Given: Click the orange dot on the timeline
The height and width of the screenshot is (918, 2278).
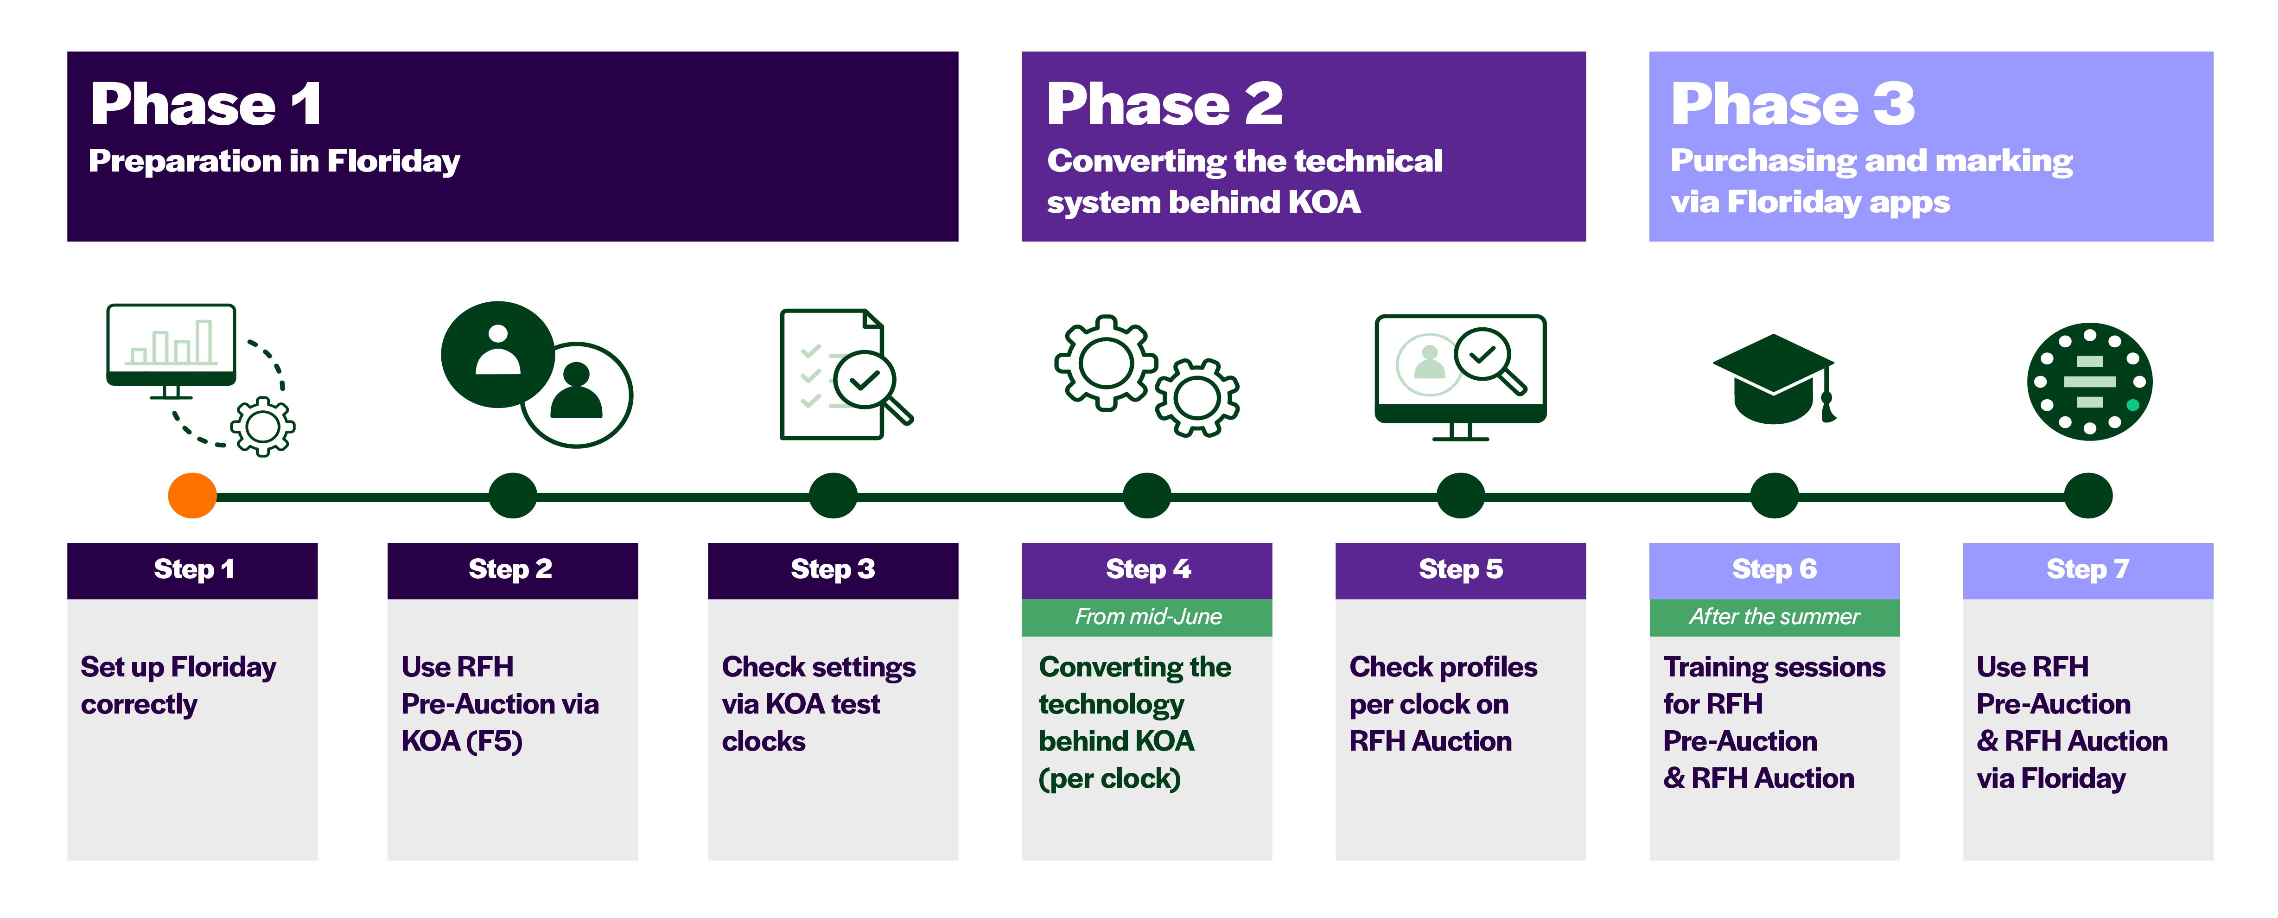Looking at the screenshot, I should pyautogui.click(x=192, y=495).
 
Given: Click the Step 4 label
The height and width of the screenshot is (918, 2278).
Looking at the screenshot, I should pyautogui.click(x=1147, y=569).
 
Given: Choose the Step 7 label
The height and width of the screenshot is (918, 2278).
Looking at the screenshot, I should pyautogui.click(x=2087, y=569).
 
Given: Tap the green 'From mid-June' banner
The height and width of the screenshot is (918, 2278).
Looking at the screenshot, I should pyautogui.click(x=1147, y=617).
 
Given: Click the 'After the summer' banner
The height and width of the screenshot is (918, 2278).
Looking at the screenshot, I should pyautogui.click(x=1774, y=617).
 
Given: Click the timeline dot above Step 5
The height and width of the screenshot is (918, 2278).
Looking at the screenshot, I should pyautogui.click(x=1460, y=495).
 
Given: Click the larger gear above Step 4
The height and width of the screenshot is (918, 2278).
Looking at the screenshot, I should pyautogui.click(x=1106, y=363).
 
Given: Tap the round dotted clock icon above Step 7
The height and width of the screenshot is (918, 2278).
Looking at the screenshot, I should pyautogui.click(x=2089, y=381).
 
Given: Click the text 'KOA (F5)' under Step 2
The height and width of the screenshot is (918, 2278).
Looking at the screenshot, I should pyautogui.click(x=462, y=741).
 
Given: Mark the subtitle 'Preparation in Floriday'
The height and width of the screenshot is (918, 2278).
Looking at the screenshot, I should pyautogui.click(x=274, y=161).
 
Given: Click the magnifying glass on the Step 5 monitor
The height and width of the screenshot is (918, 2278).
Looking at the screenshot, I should pyautogui.click(x=1490, y=358).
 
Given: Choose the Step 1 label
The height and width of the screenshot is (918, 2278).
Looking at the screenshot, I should pyautogui.click(x=193, y=569).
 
